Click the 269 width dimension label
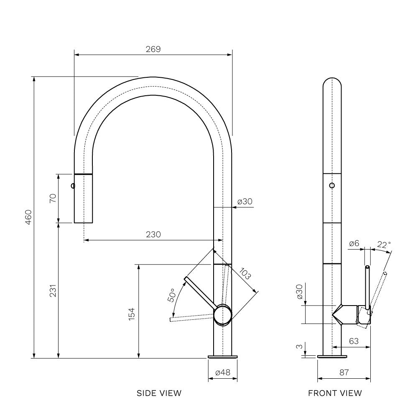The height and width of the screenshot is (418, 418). (153, 49)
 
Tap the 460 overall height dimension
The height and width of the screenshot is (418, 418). (28, 217)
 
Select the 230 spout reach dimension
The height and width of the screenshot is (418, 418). (153, 234)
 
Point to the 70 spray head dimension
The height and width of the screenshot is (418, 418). (53, 198)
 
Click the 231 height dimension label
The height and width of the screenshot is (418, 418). (53, 291)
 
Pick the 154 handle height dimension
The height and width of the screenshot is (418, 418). (132, 314)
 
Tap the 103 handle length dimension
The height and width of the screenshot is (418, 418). (245, 274)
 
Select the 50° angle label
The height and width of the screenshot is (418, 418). (172, 295)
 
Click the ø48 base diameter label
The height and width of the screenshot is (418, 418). (223, 372)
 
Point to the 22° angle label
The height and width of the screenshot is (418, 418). (384, 245)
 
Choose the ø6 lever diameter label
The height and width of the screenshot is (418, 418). (354, 243)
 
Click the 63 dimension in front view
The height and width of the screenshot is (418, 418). (354, 341)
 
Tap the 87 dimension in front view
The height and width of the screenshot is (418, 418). (344, 372)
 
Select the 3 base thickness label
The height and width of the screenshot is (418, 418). (300, 347)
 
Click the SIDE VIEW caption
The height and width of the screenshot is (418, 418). (159, 393)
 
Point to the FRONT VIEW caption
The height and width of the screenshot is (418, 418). (335, 393)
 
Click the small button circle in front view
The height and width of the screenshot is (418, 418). (332, 185)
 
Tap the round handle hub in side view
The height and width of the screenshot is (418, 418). (223, 315)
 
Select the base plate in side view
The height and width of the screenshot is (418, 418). (223, 357)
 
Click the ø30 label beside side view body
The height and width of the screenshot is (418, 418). (245, 201)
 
